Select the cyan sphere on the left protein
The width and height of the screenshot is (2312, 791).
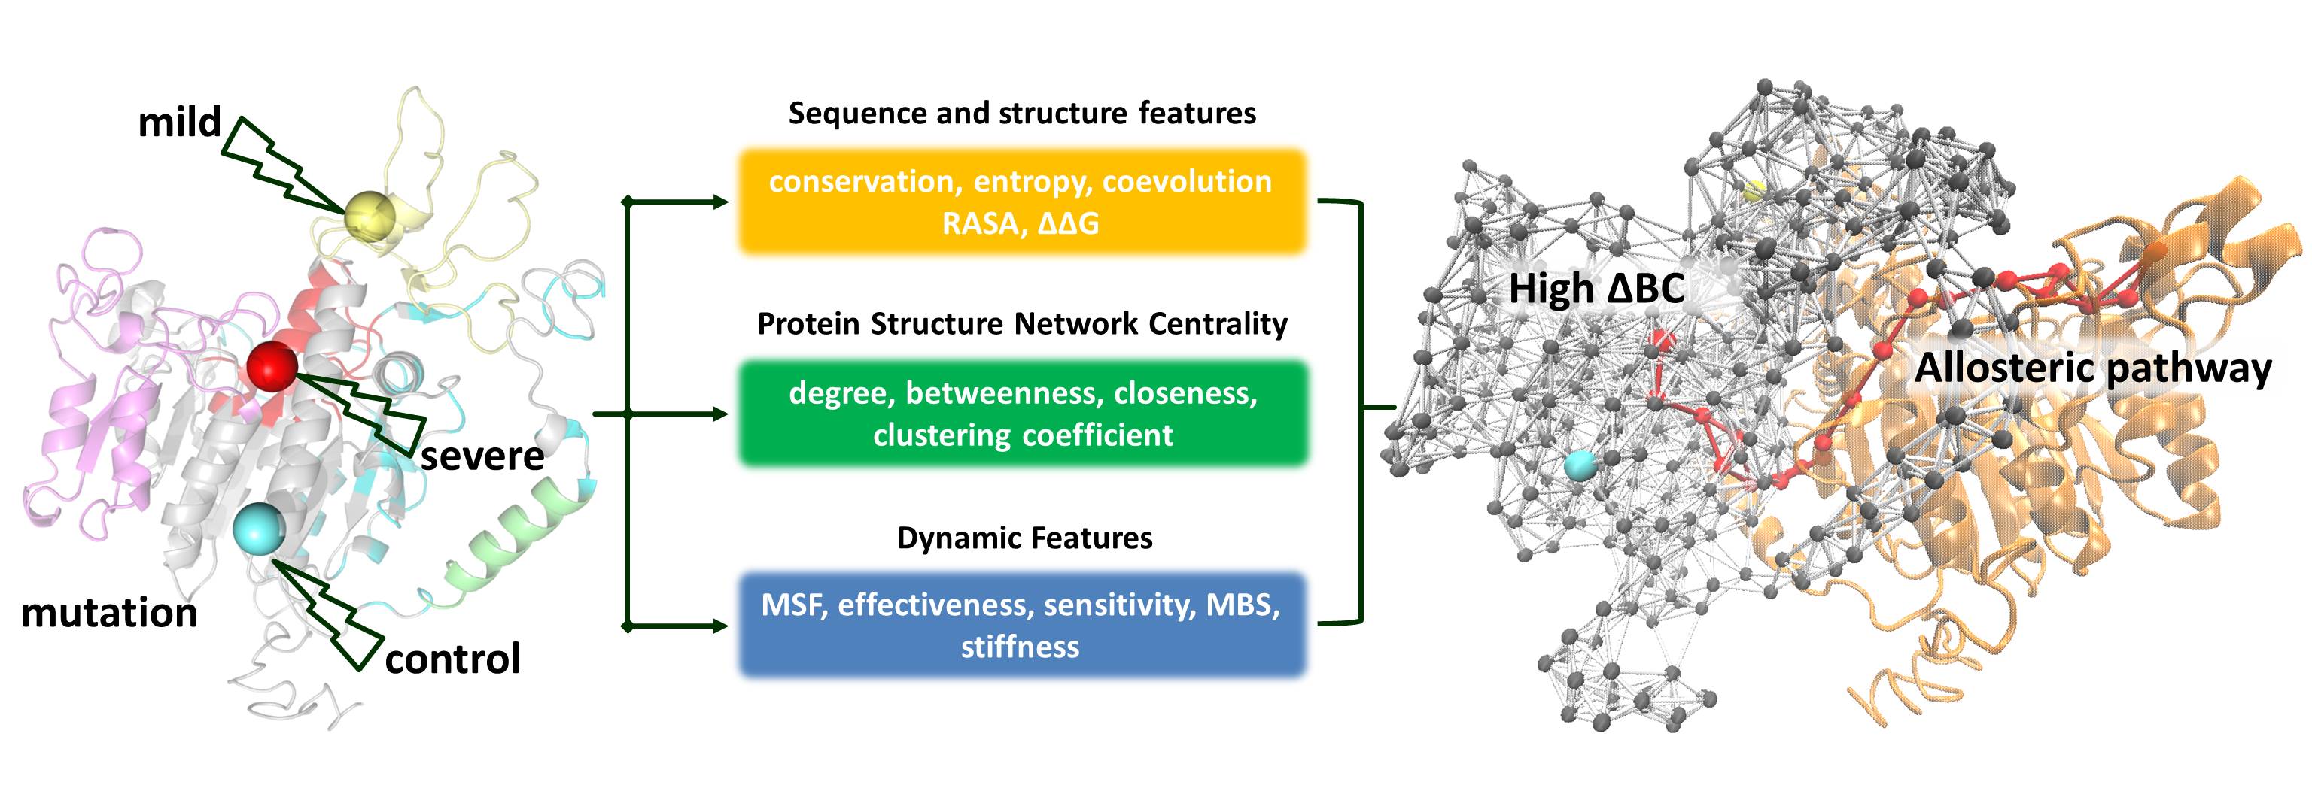coord(257,529)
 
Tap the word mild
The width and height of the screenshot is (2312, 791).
coord(180,121)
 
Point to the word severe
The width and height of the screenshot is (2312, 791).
coord(482,456)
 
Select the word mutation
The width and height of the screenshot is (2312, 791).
coord(109,614)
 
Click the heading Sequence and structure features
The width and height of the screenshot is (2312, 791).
coord(1021,113)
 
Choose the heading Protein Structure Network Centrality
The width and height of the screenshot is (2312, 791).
coord(1021,324)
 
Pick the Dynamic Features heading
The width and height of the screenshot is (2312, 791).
coord(1024,538)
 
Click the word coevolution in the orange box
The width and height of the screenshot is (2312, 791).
coord(1187,182)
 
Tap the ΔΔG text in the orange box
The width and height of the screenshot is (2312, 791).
coord(1067,223)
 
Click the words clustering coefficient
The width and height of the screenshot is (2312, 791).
coord(1022,435)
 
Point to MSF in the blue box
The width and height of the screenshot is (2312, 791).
coord(793,605)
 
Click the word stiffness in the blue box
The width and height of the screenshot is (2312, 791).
coord(1020,647)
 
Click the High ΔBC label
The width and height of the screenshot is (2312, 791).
coord(1596,289)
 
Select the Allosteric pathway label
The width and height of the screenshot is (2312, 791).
coord(2092,368)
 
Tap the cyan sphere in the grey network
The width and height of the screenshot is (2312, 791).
coord(1580,465)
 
